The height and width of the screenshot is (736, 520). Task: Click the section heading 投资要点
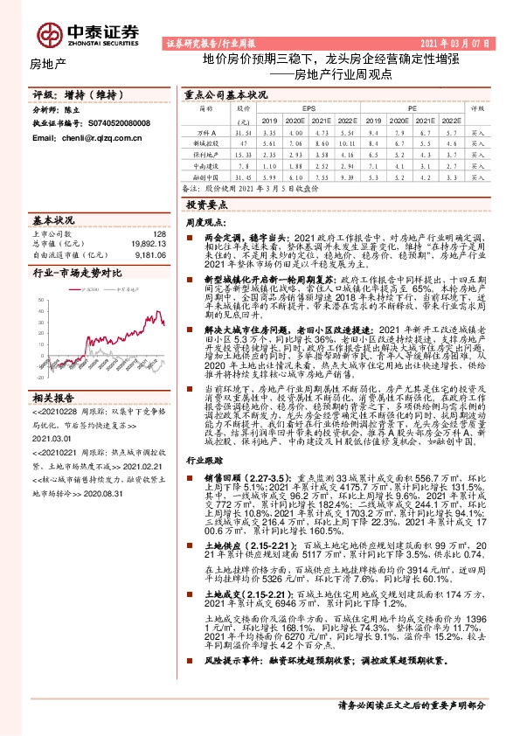click(206, 204)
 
